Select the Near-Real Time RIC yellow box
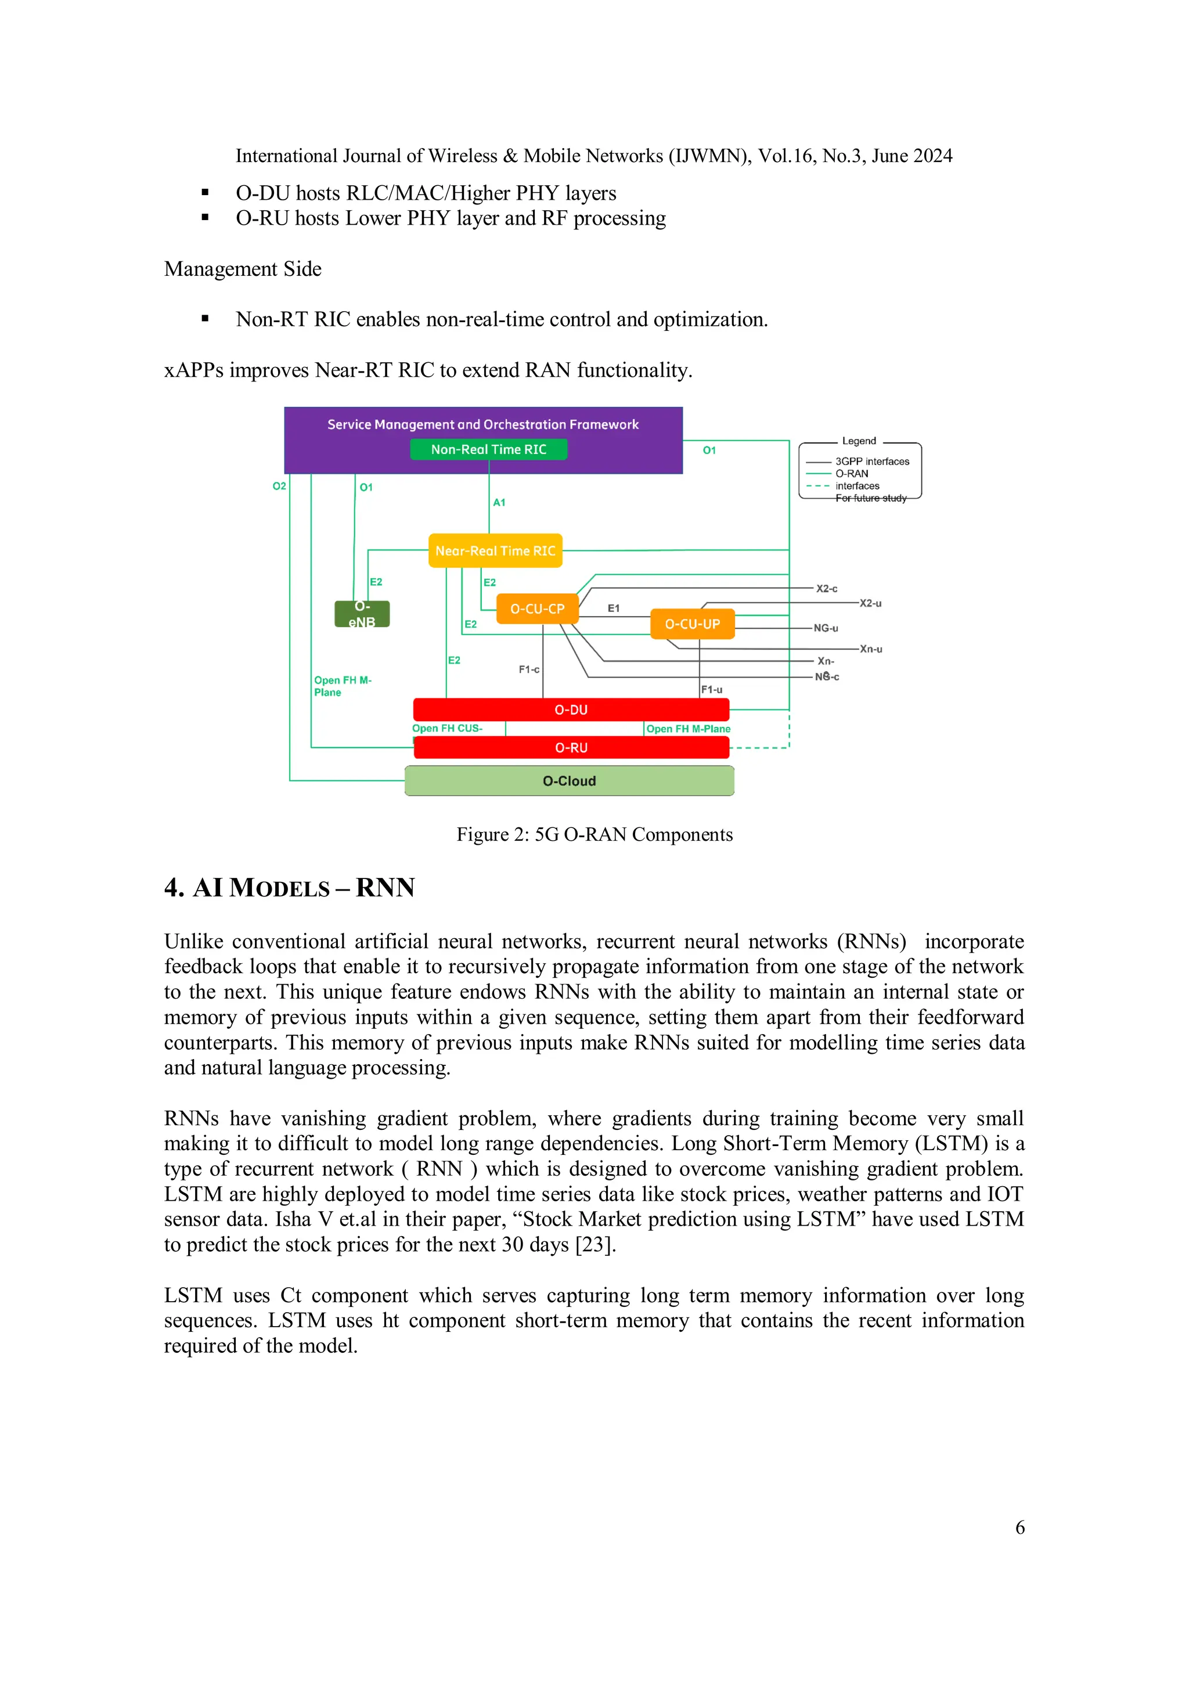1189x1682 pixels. (495, 550)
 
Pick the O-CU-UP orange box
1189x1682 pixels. (692, 624)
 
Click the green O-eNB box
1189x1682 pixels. (362, 614)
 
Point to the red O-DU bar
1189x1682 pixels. (571, 709)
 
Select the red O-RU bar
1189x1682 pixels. (571, 747)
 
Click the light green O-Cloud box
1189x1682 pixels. (569, 781)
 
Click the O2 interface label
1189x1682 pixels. (279, 487)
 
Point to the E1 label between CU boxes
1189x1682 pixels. (613, 608)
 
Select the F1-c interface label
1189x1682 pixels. (529, 669)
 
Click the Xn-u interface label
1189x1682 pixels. (870, 649)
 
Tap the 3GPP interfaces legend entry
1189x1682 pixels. (872, 462)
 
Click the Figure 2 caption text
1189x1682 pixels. (594, 834)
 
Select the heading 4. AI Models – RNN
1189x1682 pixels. (289, 887)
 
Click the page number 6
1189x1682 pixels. (1019, 1528)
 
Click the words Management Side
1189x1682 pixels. (243, 269)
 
